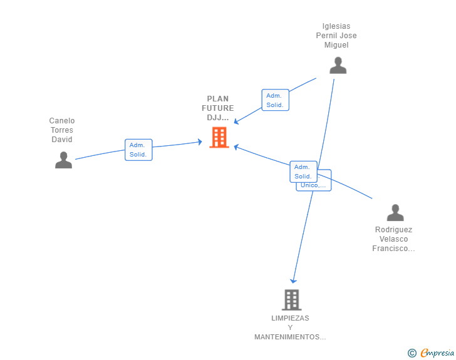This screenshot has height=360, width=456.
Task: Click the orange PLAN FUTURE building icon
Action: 219,137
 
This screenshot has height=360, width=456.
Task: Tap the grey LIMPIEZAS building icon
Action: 291,300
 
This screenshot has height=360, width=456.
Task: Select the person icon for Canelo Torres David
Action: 63,160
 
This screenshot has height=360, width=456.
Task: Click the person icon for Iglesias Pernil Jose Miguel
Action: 338,65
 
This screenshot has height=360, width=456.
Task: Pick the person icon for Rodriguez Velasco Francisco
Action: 395,213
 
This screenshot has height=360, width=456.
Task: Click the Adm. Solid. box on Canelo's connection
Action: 138,150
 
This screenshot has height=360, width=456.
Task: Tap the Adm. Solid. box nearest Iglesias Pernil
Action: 275,100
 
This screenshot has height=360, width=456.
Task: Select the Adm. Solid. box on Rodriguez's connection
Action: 303,172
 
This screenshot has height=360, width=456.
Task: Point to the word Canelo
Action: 62,121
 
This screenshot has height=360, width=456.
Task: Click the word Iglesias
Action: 336,26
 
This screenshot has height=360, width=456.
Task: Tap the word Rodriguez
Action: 393,230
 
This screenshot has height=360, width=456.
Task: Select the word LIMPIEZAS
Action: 290,318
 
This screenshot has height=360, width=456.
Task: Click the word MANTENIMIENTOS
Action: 289,337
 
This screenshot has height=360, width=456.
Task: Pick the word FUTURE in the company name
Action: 218,108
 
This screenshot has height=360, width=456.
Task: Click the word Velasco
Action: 393,239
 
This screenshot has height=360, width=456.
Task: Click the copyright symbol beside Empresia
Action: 412,353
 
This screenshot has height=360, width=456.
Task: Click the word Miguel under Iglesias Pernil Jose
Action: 336,45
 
